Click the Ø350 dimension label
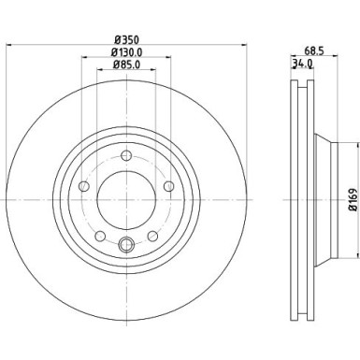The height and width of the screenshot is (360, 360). (x=127, y=39)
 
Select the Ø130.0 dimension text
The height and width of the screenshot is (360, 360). (x=127, y=52)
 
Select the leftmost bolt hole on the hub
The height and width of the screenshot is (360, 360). (x=85, y=188)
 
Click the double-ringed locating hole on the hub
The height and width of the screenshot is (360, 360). (x=126, y=247)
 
